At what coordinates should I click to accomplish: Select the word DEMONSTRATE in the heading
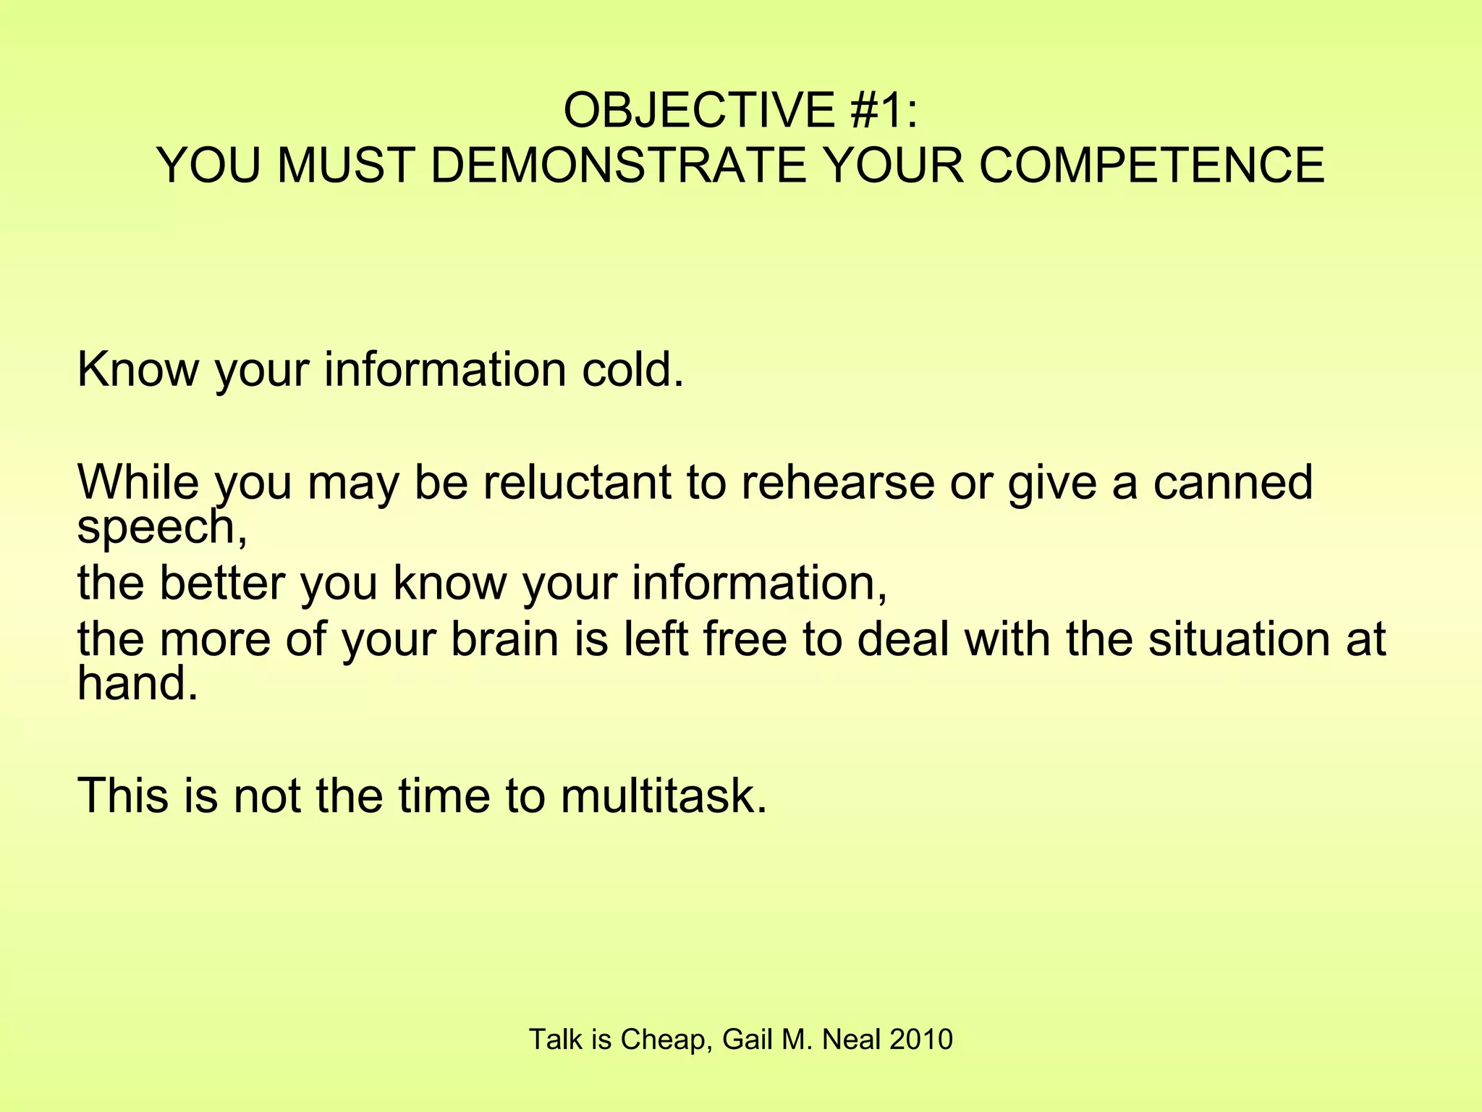(x=619, y=165)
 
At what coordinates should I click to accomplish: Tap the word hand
(x=136, y=683)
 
